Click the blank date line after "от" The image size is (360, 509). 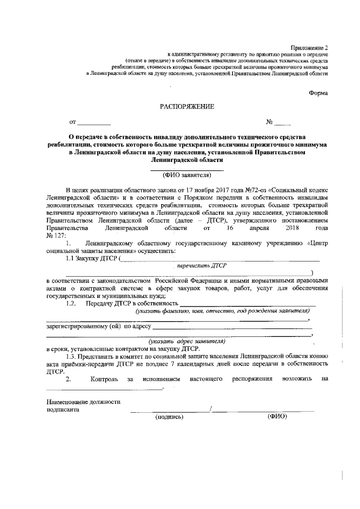coord(94,122)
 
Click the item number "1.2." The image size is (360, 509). coord(71,304)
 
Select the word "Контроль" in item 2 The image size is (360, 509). coord(104,380)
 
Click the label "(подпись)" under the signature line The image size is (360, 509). coord(169,417)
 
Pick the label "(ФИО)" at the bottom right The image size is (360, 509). coord(277,417)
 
